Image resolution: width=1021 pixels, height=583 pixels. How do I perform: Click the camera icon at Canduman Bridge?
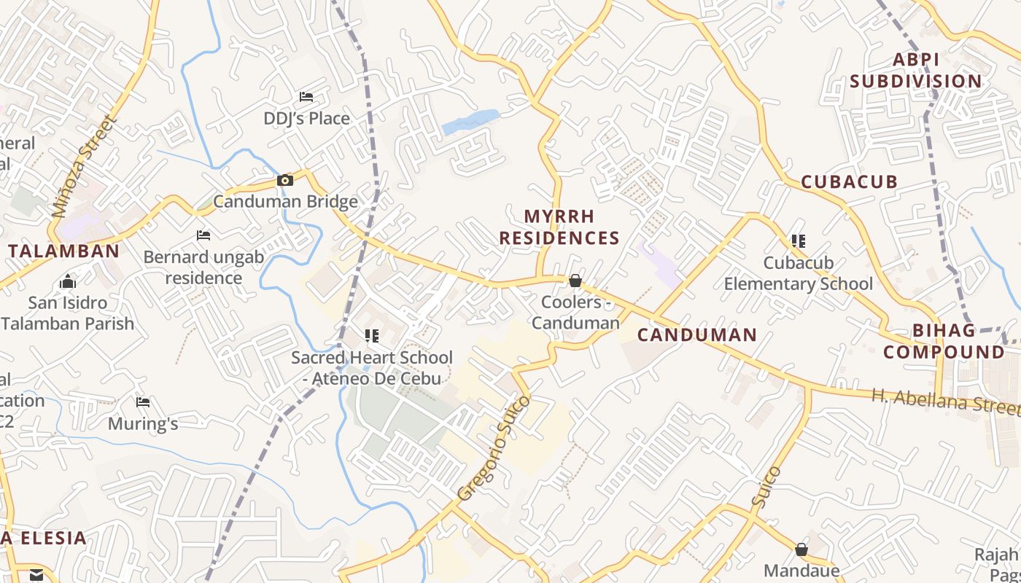[x=284, y=180]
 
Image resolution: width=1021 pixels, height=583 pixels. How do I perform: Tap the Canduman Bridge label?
[x=285, y=202]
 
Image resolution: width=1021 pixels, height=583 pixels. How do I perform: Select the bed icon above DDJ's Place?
[x=306, y=97]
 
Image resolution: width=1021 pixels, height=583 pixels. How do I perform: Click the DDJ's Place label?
[x=306, y=118]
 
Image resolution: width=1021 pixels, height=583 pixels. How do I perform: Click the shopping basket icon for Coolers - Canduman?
[x=575, y=281]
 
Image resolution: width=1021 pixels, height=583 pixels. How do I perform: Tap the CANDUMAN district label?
[x=696, y=335]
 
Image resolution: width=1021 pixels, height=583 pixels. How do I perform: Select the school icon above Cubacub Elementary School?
[x=799, y=240]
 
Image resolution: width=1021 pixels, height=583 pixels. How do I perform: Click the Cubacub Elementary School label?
[x=798, y=273]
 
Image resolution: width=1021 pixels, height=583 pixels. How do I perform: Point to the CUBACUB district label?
[x=849, y=182]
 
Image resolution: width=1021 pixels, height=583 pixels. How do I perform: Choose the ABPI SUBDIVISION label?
[x=915, y=71]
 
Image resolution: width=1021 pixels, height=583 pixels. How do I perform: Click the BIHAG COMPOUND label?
[x=944, y=341]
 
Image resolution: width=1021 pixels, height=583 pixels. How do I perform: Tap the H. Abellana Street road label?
[x=945, y=400]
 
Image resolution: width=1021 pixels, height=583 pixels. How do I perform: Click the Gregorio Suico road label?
[x=493, y=448]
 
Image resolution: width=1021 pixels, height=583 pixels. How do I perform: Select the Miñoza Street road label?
[x=84, y=167]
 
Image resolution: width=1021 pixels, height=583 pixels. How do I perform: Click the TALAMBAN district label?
[x=63, y=251]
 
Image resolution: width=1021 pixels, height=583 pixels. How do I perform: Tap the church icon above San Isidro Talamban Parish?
[x=68, y=281]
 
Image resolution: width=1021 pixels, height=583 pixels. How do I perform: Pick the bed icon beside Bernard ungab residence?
[x=203, y=235]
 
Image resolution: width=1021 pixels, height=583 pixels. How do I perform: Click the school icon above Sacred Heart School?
[x=372, y=336]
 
